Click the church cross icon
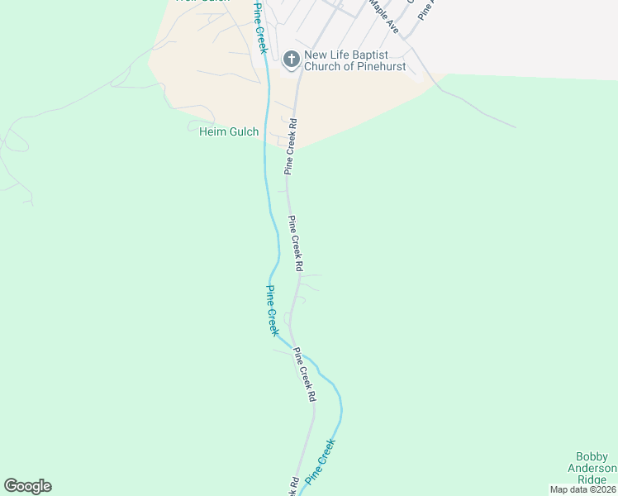291,60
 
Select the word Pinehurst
378,66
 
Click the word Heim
213,131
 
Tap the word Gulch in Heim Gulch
245,131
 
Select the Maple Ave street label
384,17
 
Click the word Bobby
592,457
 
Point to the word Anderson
592,469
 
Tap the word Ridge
592,480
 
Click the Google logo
27,486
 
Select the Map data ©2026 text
582,489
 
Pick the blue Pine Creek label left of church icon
260,30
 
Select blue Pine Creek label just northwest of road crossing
272,310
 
